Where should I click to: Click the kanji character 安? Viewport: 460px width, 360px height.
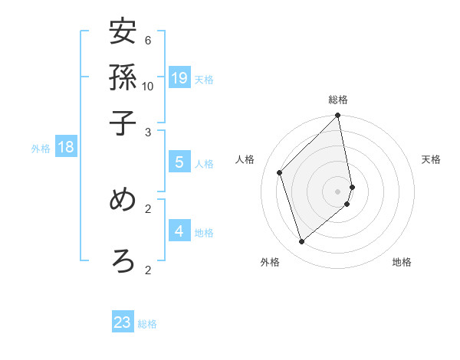[x=123, y=33]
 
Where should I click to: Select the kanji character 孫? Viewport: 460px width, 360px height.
[x=123, y=78]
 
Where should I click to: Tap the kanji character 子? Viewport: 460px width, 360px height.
[x=123, y=122]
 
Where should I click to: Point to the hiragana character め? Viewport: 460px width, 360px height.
[x=123, y=200]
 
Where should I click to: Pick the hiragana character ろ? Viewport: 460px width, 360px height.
[x=123, y=260]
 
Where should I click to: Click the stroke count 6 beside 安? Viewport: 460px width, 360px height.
[x=148, y=40]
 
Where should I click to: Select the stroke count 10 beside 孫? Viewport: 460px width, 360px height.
[x=148, y=85]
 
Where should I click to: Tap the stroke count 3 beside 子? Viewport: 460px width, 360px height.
[x=148, y=131]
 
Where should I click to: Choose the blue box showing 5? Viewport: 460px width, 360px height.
[x=179, y=162]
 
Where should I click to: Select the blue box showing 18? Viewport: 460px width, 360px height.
[x=66, y=146]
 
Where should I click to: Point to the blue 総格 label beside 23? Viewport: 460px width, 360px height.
[x=148, y=324]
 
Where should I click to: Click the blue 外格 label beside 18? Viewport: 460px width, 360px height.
[x=40, y=149]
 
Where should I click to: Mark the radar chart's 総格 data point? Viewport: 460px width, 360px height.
[x=338, y=116]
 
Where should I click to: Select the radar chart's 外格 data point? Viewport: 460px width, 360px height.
[x=301, y=242]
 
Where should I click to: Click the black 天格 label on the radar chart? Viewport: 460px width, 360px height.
[x=431, y=159]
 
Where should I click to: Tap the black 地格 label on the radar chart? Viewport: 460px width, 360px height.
[x=402, y=262]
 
